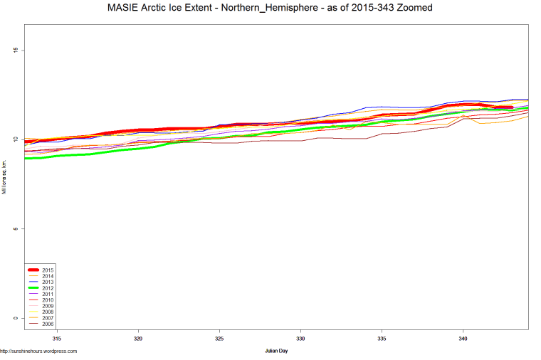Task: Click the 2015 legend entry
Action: (48, 270)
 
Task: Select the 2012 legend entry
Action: (48, 288)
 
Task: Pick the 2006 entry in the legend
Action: (48, 324)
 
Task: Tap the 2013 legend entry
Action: (48, 282)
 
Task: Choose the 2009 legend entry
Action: (48, 306)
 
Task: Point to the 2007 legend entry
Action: (48, 318)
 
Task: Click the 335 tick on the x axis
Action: (382, 339)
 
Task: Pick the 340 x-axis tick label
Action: (463, 339)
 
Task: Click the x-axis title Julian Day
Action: (276, 351)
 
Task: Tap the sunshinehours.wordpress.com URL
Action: (38, 351)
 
